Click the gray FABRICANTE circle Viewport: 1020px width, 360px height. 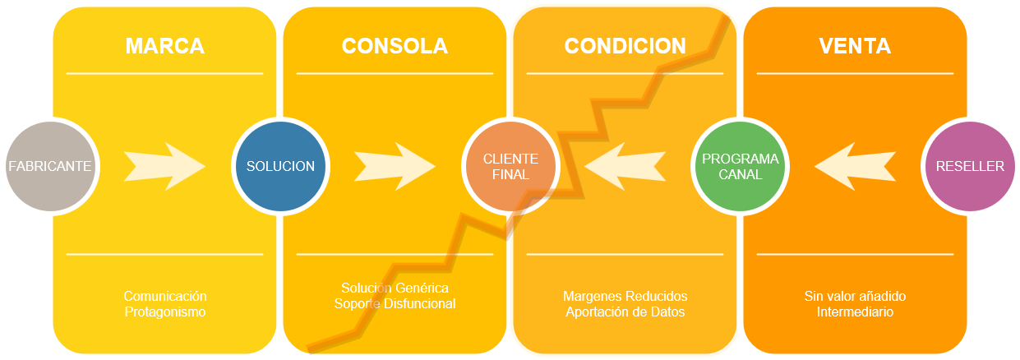pos(50,166)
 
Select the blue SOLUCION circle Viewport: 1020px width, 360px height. pos(280,166)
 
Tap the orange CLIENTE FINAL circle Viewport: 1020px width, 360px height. pos(510,166)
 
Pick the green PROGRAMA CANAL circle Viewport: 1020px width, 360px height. pos(741,166)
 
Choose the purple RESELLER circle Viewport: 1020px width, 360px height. pos(970,166)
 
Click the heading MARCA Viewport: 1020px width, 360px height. pos(165,46)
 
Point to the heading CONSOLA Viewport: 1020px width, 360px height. pos(395,46)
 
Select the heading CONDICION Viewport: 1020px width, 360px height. pos(625,46)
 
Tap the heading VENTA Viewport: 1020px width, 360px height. pos(855,46)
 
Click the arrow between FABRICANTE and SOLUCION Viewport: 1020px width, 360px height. pos(165,166)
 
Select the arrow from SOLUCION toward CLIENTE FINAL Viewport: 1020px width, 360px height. pos(395,166)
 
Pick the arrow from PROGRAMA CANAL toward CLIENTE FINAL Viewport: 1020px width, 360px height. pos(625,166)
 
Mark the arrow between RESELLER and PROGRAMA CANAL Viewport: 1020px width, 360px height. pos(855,166)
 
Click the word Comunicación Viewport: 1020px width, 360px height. pos(165,296)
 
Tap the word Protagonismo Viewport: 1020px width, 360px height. pos(165,312)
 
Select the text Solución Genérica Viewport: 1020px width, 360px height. pos(395,288)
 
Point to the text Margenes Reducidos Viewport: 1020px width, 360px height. pos(625,296)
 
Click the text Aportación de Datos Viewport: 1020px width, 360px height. pos(625,312)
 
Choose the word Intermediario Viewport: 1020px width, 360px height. pos(855,312)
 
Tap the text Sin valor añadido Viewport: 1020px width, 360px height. pos(855,296)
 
